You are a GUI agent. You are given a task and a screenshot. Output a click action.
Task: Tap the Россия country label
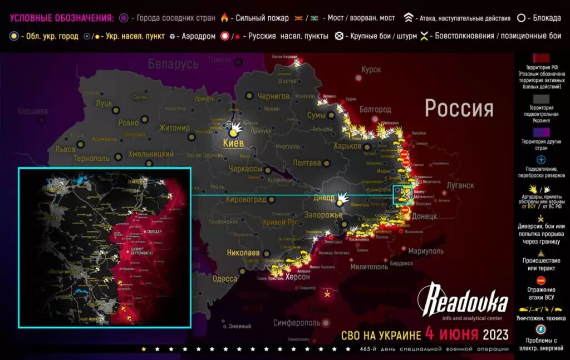(459, 108)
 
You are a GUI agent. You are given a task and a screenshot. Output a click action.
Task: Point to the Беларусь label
(173, 65)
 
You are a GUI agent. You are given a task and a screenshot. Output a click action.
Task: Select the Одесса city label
(225, 279)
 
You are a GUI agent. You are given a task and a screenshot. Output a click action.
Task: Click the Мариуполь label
(426, 251)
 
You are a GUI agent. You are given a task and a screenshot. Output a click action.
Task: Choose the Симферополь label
(297, 323)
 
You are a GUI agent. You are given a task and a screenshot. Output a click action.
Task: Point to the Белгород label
(376, 110)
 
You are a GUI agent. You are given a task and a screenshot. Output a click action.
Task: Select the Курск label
(371, 70)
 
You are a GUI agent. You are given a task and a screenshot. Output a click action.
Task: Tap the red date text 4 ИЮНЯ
(451, 334)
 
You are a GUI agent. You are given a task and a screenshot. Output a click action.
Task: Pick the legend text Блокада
(546, 18)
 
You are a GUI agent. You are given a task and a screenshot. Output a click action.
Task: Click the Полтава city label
(307, 163)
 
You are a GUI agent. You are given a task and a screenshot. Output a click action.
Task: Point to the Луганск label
(460, 185)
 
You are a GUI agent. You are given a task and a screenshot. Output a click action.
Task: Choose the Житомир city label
(174, 128)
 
